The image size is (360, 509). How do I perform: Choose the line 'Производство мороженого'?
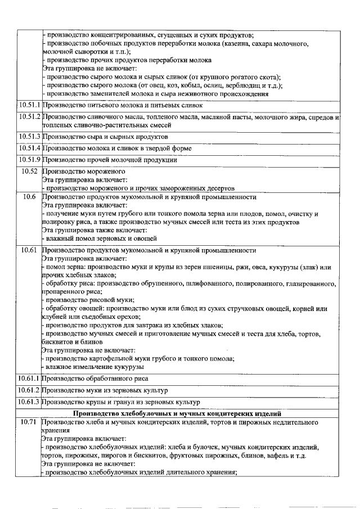click(x=84, y=171)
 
